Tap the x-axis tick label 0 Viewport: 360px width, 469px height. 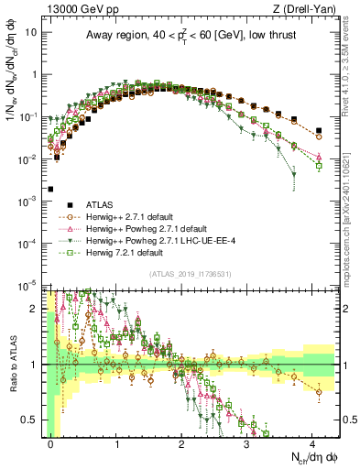point(51,443)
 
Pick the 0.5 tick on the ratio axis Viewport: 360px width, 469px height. point(33,420)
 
